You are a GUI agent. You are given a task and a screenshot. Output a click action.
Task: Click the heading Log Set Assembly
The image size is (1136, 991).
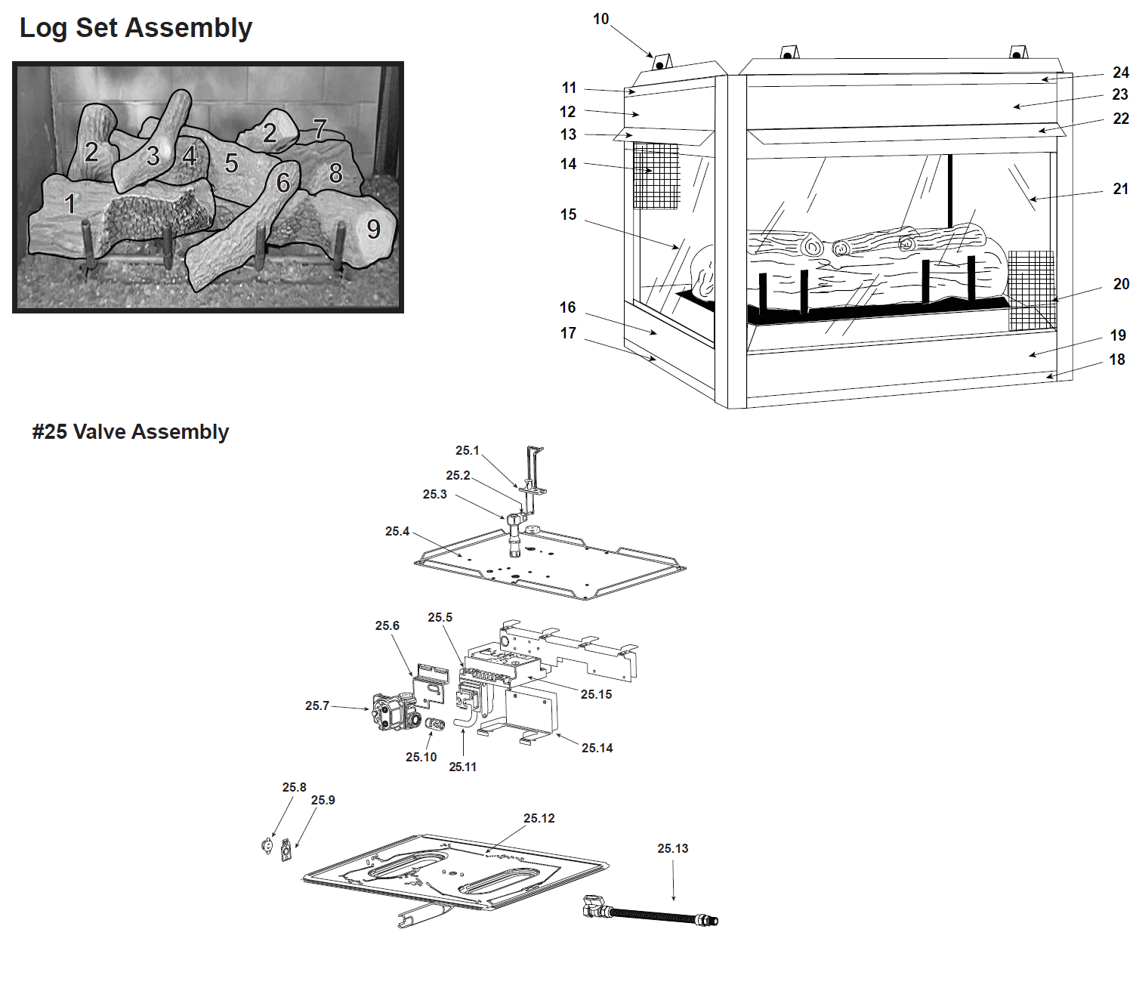(136, 28)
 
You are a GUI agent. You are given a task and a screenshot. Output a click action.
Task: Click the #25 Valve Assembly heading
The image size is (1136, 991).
(131, 432)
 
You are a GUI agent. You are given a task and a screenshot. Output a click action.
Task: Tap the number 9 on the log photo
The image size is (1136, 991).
(373, 229)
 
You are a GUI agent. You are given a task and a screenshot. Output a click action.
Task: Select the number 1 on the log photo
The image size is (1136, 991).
(70, 203)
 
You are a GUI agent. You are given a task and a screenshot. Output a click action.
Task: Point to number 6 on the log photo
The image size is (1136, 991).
(283, 182)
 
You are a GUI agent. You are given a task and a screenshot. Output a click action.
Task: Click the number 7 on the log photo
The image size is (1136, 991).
(320, 129)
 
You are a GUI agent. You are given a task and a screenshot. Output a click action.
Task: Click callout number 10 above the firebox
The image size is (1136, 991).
(600, 19)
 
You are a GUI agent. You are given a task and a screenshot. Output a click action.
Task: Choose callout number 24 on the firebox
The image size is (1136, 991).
(1121, 73)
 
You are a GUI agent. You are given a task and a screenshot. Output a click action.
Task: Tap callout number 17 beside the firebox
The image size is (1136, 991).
(568, 333)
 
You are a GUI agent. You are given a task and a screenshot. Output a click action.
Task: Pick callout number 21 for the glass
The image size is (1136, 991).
(1121, 189)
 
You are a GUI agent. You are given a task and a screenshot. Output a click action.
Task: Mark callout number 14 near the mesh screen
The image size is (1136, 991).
(568, 164)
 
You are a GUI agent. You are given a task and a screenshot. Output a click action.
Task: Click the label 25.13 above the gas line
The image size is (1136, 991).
(673, 848)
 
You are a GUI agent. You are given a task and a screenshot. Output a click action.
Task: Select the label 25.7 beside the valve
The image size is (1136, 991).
(317, 705)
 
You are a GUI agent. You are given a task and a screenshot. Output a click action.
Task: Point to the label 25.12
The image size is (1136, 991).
(539, 818)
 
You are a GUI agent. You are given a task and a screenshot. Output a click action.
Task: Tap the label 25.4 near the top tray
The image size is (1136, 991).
(397, 531)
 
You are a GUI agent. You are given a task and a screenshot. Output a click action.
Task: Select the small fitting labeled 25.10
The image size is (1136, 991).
(434, 724)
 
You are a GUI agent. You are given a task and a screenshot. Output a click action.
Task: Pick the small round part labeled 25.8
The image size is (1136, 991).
(267, 846)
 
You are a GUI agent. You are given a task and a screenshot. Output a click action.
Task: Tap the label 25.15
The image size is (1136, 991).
(597, 694)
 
